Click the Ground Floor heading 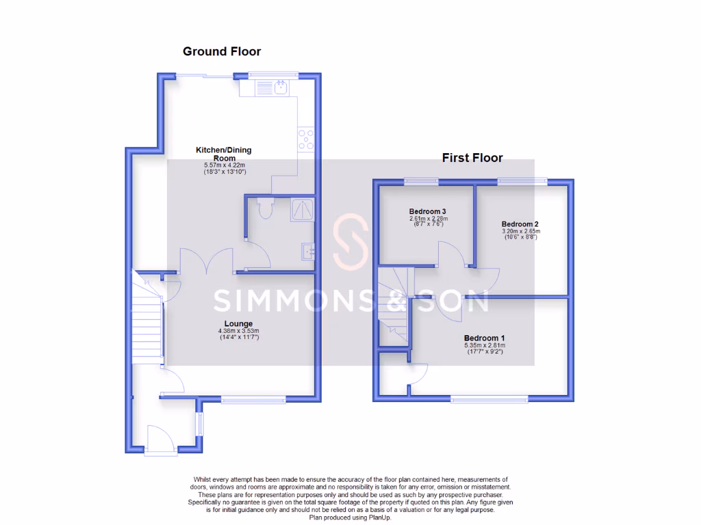(221, 51)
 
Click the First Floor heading (472, 158)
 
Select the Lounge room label (238, 323)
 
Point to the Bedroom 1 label (484, 338)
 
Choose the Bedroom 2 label (520, 224)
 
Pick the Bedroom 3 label (428, 211)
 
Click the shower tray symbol (301, 210)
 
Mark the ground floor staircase (147, 314)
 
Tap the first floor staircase (394, 308)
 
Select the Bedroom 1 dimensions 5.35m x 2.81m (484, 346)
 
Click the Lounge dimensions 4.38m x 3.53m (238, 332)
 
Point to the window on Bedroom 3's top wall (422, 181)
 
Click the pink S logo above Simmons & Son (350, 243)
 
